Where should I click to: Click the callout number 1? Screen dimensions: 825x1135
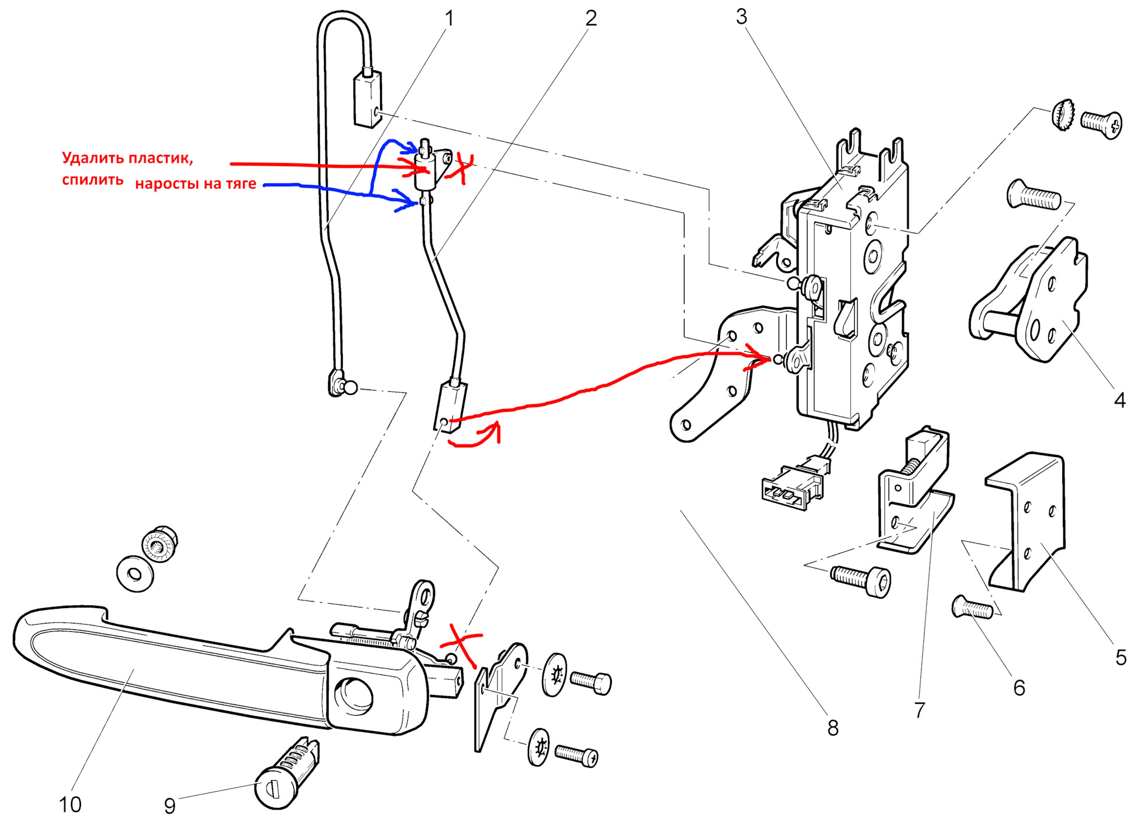click(449, 19)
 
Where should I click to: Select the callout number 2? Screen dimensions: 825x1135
click(591, 19)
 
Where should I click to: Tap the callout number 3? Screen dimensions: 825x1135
click(741, 17)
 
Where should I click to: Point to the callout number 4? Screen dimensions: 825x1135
click(1119, 401)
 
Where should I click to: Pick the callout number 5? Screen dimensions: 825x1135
click(1121, 658)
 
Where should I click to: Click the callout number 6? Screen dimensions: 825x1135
click(1019, 688)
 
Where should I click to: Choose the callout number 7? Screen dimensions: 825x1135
click(919, 710)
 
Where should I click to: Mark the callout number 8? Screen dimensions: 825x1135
click(833, 728)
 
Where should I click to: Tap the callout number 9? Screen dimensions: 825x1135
click(170, 805)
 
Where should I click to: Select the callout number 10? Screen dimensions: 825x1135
click(70, 804)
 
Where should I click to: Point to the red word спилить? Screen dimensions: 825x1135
click(92, 180)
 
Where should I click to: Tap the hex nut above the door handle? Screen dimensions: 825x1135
click(160, 543)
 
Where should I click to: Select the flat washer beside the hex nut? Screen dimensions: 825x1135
click(135, 573)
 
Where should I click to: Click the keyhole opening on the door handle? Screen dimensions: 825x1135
click(354, 695)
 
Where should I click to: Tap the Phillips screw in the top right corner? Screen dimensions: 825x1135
click(1101, 123)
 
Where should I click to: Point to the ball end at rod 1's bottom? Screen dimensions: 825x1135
click(350, 388)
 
